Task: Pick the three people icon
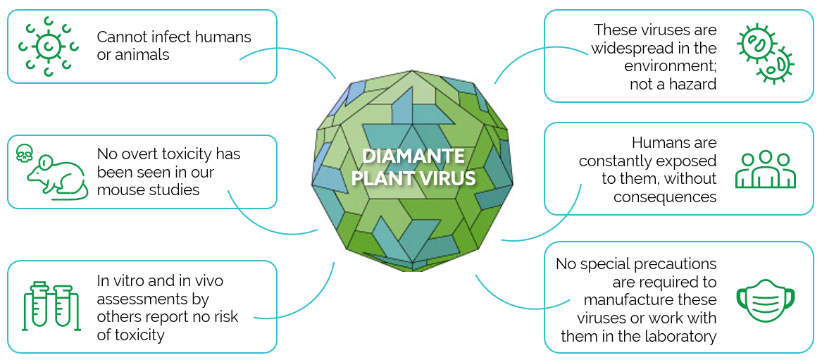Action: (766, 169)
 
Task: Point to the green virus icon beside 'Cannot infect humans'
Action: (48, 46)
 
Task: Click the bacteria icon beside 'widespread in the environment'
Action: (766, 54)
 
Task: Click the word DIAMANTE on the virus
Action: (413, 156)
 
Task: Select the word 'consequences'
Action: (665, 197)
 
